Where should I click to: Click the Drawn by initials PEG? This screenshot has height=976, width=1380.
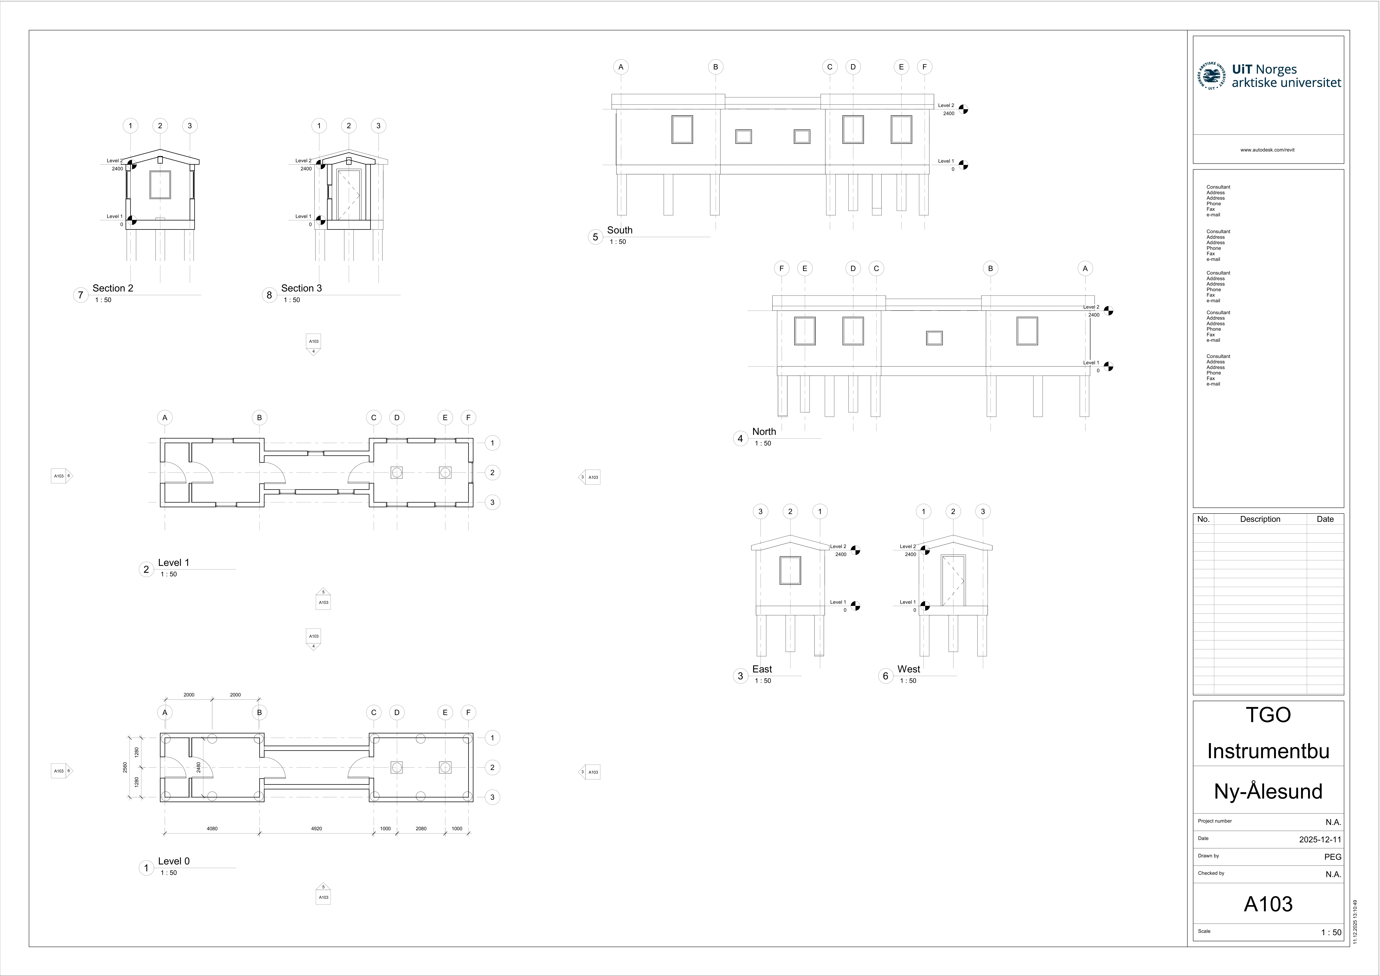coord(1333,857)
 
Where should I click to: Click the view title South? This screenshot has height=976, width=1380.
coord(620,230)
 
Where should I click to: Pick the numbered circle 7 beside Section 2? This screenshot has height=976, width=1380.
coord(80,295)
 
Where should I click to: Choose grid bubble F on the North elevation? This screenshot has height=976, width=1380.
coord(781,269)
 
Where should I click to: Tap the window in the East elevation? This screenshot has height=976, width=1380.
coord(790,570)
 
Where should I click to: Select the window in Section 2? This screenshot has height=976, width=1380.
coord(160,185)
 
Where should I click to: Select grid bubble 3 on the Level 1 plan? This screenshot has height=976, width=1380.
coord(492,502)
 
